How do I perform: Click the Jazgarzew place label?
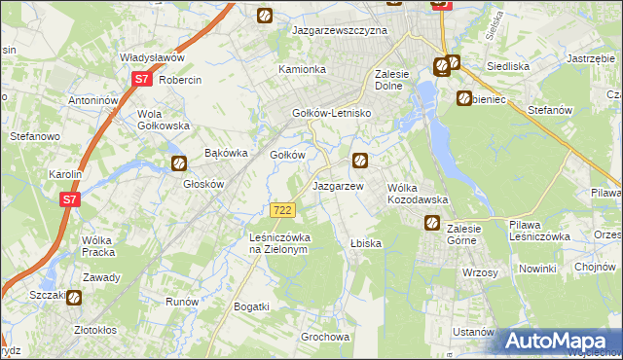pyautogui.click(x=338, y=185)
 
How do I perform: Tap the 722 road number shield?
pyautogui.click(x=282, y=210)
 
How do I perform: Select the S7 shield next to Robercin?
pyautogui.click(x=142, y=80)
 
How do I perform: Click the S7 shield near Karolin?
pyautogui.click(x=68, y=199)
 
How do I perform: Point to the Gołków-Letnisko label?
pyautogui.click(x=334, y=113)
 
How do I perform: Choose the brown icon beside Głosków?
pyautogui.click(x=179, y=163)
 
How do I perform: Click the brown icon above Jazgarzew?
pyautogui.click(x=360, y=161)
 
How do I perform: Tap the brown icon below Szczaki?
pyautogui.click(x=75, y=300)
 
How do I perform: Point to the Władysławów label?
pyautogui.click(x=152, y=57)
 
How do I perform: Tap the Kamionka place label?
pyautogui.click(x=302, y=70)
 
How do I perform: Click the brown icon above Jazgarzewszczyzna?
pyautogui.click(x=265, y=15)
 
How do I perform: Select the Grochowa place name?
pyautogui.click(x=325, y=338)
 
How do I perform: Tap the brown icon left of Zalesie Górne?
pyautogui.click(x=431, y=224)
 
